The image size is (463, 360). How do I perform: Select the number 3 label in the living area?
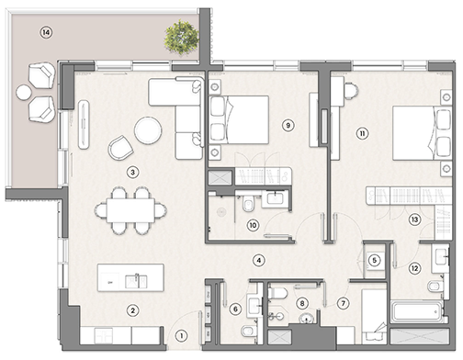point(133,171)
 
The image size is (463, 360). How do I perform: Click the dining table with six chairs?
point(130,209)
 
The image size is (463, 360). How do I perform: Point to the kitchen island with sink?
point(131,277)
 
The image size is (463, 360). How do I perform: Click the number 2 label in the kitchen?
point(133,310)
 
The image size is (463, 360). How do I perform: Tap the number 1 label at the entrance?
point(182,335)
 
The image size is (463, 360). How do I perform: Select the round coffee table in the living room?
point(148,131)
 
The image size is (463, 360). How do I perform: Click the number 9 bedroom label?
point(288,125)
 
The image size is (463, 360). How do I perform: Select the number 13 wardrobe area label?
point(414,219)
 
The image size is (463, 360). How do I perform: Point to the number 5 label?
point(373,260)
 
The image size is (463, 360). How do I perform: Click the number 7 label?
point(344,302)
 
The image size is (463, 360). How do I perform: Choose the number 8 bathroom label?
point(302,302)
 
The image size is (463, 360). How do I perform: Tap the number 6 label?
point(235,309)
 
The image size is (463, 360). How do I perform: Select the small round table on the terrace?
point(24,92)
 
